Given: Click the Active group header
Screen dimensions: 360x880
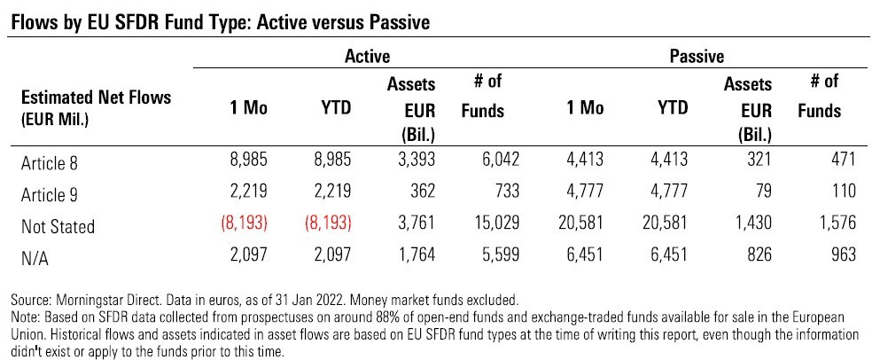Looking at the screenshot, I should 367,56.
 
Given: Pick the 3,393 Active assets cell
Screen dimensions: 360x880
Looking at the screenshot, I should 414,160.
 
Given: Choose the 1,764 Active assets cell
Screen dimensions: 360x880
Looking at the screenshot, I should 414,254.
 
